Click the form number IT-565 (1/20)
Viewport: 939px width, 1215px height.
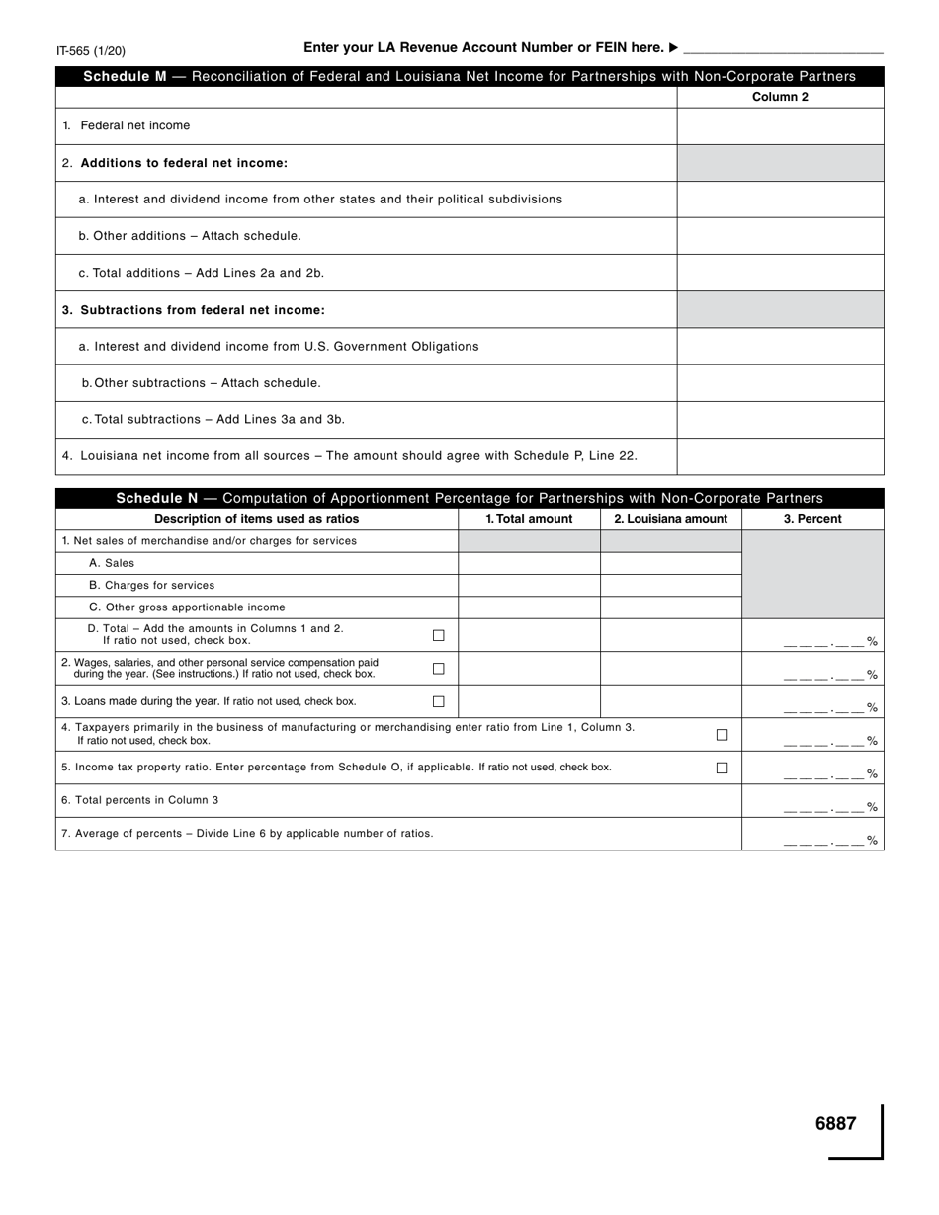pos(91,51)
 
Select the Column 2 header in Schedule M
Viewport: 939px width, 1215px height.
pos(780,97)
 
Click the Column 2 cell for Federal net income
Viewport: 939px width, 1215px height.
pos(780,126)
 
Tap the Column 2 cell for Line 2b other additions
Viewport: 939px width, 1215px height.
pos(780,236)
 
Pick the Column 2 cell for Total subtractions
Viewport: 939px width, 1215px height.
pos(780,420)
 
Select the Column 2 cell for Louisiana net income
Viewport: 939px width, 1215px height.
pos(780,456)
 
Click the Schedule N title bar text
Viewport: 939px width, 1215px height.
pos(469,498)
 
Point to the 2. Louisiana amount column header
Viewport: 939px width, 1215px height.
pos(670,519)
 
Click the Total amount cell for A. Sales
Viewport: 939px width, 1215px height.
pos(529,563)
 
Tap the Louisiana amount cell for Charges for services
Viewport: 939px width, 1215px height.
pos(670,585)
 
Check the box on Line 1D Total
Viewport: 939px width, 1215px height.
pos(439,635)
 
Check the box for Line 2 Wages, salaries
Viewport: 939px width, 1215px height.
pos(439,669)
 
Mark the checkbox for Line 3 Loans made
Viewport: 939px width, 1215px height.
pos(439,702)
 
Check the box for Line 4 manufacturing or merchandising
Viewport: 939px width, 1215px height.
pos(722,735)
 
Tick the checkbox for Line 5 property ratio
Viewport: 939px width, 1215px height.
pos(722,769)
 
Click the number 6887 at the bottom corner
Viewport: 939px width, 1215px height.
pos(835,1123)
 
